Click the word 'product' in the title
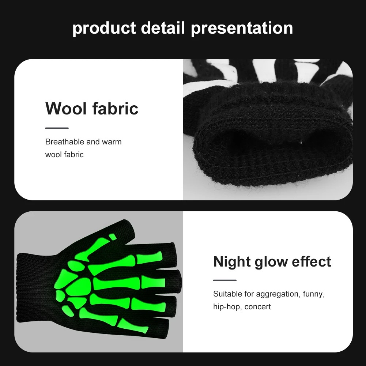point(104,29)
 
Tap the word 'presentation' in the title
point(242,29)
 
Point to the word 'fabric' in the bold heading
point(115,108)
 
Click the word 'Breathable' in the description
point(64,142)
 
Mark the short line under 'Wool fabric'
point(57,128)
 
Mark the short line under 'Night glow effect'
point(225,280)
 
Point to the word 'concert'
point(258,307)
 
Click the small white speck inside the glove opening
point(302,142)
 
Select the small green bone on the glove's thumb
point(113,237)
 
